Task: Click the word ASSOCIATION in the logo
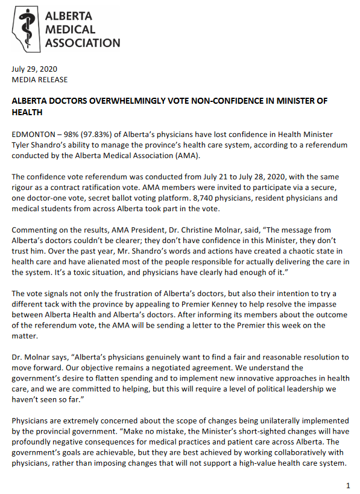83,43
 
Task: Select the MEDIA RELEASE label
40,80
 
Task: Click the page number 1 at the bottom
348,485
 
